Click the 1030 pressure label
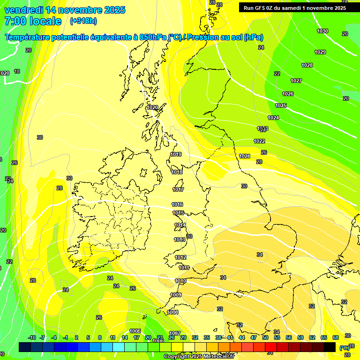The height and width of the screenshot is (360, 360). click(322, 31)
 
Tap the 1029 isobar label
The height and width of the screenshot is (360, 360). click(320, 52)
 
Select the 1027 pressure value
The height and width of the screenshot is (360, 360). click(296, 81)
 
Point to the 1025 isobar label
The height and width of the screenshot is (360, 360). click(280, 105)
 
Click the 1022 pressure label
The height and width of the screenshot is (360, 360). click(259, 141)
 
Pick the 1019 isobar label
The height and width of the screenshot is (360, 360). click(176, 154)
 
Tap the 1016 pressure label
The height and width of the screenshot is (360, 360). click(177, 204)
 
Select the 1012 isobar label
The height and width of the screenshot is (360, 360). click(180, 257)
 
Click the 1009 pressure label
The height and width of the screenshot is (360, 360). click(176, 295)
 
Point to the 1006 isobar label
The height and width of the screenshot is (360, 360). click(172, 312)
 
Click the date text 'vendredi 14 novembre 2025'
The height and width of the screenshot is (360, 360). click(65, 10)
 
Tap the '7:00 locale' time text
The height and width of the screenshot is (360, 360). click(32, 21)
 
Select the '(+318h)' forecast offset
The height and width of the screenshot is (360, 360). click(83, 21)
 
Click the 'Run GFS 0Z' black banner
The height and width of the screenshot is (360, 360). click(294, 7)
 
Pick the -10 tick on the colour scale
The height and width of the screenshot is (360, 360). click(32, 338)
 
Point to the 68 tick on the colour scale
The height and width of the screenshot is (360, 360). click(336, 338)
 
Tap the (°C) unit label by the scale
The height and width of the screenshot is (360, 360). click(344, 348)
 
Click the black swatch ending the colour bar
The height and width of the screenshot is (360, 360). click(330, 347)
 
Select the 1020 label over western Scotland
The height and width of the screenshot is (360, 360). click(152, 107)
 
